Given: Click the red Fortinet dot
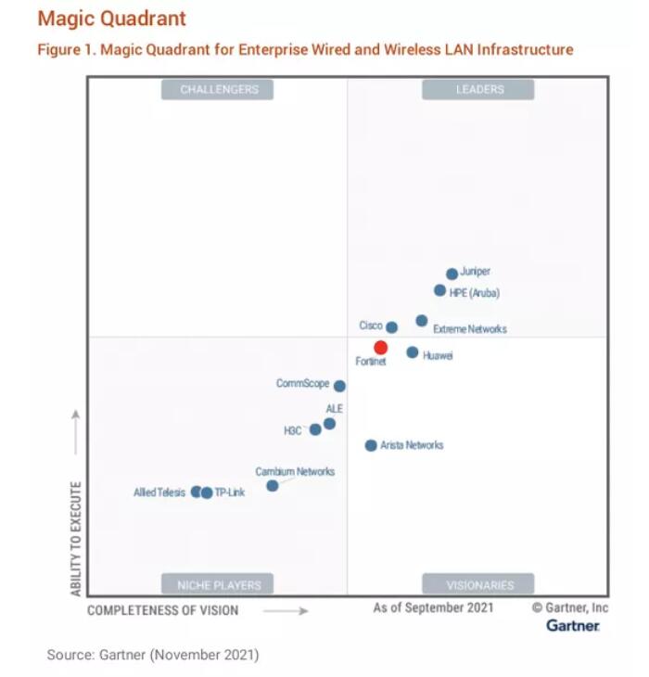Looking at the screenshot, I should pos(380,348).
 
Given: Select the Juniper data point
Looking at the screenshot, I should pos(452,274).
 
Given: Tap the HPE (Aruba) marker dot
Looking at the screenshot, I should pos(439,290).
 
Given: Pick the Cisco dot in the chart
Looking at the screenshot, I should pos(391,327).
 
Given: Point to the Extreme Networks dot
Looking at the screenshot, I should pos(421,321).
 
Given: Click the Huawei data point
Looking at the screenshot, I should pos(412,352).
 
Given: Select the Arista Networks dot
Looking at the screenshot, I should pos(371,445).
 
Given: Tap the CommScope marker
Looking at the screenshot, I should pos(339,386).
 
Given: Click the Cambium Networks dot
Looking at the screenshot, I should pos(272,485).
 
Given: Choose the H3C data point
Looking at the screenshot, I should pos(315,429).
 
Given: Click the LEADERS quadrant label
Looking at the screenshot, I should pos(478,90).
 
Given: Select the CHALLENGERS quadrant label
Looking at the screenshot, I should pos(219,90).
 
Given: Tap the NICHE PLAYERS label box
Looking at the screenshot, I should pos(219,585).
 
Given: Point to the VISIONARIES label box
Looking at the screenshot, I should pos(478,585).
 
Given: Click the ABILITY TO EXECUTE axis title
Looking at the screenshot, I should pos(76,538).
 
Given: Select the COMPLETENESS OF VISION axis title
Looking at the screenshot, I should pos(162,610).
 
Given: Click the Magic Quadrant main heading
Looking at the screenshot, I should pos(111,19).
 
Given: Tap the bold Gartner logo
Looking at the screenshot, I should pos(572,626).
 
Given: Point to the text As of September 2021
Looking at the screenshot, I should pos(433,608).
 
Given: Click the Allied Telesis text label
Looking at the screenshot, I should pos(159,492).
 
